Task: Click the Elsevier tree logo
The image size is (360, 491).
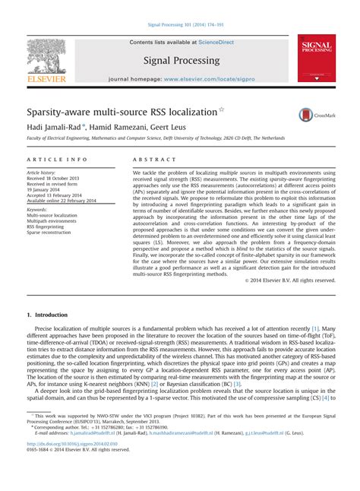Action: [47, 58]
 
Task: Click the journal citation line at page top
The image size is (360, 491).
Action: [180, 25]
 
